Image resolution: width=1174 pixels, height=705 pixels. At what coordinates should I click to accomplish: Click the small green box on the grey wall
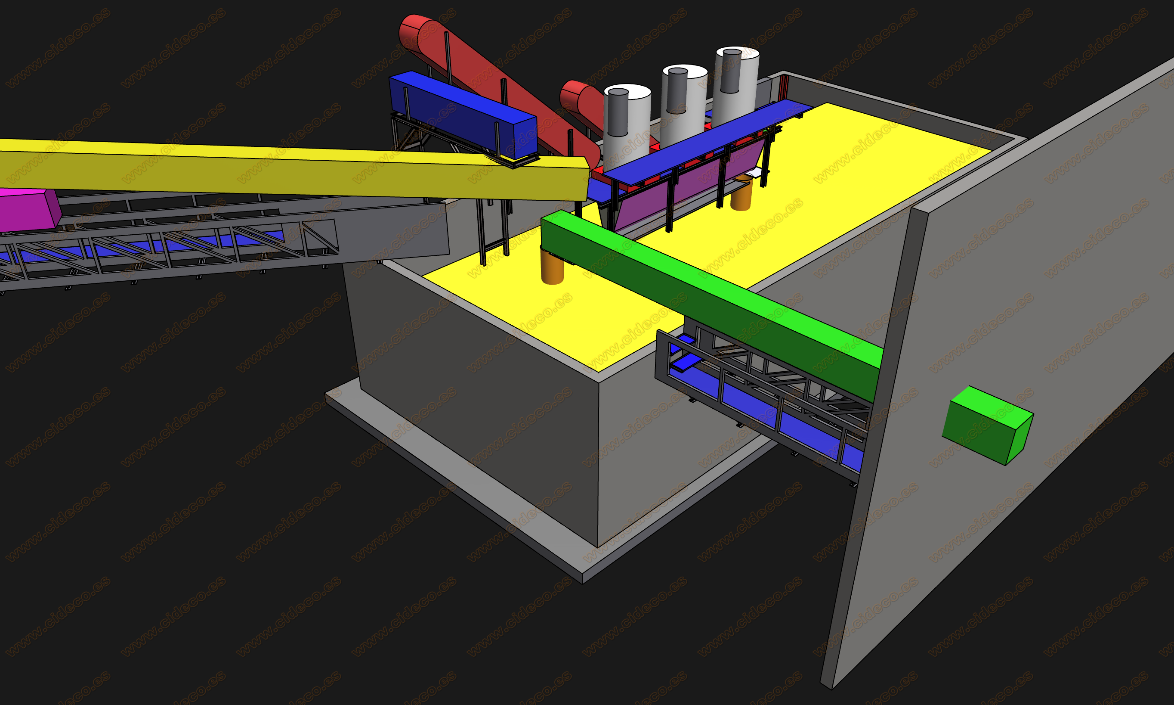[x=987, y=425]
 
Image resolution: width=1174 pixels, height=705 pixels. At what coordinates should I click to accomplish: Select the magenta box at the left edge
[x=28, y=209]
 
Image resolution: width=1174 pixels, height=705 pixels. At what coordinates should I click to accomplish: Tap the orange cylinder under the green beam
[x=552, y=267]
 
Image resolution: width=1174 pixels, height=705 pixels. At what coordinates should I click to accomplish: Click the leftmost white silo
[x=627, y=121]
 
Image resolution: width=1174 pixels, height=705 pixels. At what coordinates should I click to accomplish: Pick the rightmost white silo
[x=735, y=86]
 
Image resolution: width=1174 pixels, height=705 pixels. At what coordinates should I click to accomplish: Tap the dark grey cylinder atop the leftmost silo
[x=618, y=112]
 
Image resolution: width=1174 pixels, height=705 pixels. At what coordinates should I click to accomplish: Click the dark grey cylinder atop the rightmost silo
[x=731, y=71]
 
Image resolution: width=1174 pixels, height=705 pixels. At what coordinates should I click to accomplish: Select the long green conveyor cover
[x=712, y=304]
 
